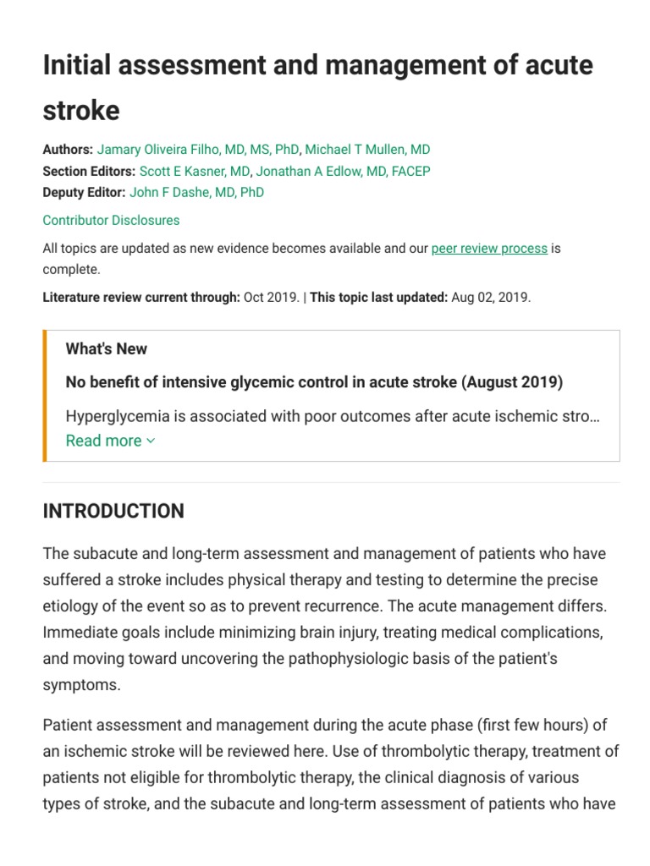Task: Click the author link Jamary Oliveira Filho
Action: pyautogui.click(x=197, y=150)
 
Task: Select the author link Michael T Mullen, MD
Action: pyautogui.click(x=367, y=150)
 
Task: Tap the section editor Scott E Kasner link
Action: pyautogui.click(x=194, y=171)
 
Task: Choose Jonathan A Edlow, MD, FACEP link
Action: pyautogui.click(x=343, y=171)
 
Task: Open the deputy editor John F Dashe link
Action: pyautogui.click(x=196, y=192)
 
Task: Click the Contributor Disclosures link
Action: pyautogui.click(x=111, y=220)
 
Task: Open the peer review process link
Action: pyautogui.click(x=489, y=249)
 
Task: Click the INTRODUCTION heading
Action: pyautogui.click(x=113, y=511)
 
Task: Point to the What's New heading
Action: pyautogui.click(x=107, y=348)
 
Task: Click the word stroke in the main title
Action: pyautogui.click(x=81, y=110)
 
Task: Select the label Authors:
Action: pyautogui.click(x=68, y=150)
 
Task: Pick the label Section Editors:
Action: pyautogui.click(x=89, y=171)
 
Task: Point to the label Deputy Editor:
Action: pyautogui.click(x=84, y=192)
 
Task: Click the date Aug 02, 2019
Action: pyautogui.click(x=491, y=298)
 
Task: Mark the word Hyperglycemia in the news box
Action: pyautogui.click(x=117, y=416)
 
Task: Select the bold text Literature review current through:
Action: pyautogui.click(x=141, y=298)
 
